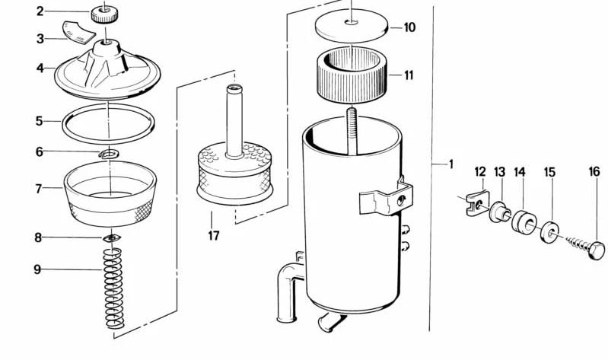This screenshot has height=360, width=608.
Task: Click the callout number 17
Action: point(214,235)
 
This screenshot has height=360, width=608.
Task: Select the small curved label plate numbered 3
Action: point(78,32)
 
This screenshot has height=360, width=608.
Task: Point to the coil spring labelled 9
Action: point(113,288)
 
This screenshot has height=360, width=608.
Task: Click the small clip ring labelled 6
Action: point(109,155)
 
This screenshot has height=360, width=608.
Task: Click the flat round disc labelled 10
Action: point(352,26)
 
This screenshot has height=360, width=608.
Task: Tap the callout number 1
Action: point(450,164)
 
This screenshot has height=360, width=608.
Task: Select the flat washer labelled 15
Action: point(549,231)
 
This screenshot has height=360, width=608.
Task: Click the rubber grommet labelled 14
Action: point(524,222)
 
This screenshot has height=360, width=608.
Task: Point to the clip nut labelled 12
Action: point(476,204)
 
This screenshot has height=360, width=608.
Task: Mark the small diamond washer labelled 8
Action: point(111,237)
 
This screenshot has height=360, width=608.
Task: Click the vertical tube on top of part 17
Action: point(234,121)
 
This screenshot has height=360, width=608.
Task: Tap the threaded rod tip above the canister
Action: point(352,113)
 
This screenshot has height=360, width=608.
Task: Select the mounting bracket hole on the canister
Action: point(401,200)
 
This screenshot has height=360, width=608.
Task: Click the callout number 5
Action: point(39,121)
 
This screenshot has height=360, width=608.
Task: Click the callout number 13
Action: point(499,172)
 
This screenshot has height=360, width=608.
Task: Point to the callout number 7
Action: point(38,189)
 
